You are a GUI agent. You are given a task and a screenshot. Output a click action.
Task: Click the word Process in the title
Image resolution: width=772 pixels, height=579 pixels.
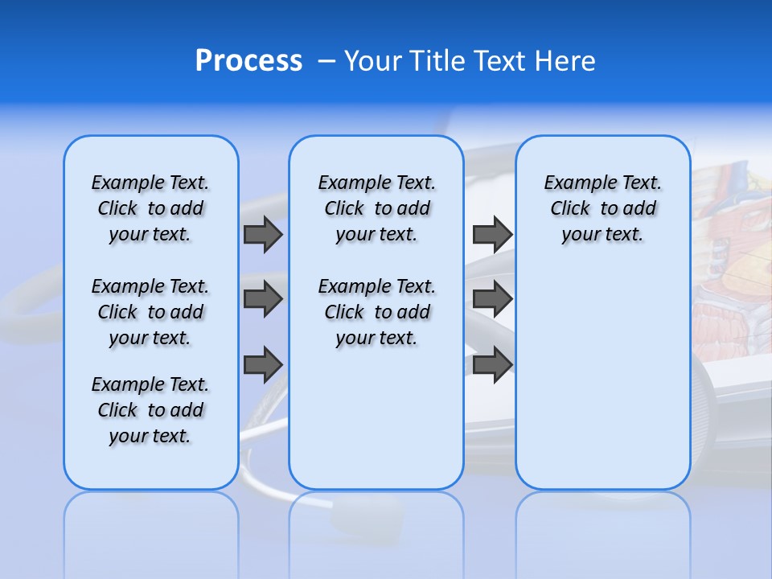click(248, 61)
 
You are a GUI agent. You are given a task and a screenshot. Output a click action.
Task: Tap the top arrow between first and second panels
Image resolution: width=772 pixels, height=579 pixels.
click(263, 234)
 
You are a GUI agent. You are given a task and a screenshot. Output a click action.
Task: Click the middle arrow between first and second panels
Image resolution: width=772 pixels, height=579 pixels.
click(263, 299)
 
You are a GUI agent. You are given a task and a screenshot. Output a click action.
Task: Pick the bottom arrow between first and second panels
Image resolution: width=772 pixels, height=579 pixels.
click(263, 365)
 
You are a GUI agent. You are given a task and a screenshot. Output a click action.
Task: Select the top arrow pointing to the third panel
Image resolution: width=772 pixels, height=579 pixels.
click(492, 234)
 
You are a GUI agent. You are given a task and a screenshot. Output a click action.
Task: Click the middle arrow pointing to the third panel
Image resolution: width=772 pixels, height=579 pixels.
click(492, 299)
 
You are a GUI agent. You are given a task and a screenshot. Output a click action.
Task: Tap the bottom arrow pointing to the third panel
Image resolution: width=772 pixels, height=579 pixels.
click(492, 365)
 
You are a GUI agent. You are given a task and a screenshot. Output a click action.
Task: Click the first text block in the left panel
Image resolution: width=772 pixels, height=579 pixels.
click(150, 208)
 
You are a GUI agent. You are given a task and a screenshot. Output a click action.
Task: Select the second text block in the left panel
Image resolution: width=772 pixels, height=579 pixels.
click(150, 312)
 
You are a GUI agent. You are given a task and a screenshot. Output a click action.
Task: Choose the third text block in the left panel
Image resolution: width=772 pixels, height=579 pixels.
click(150, 410)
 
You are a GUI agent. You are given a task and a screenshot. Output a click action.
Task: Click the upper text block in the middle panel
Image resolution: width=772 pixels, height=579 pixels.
click(376, 208)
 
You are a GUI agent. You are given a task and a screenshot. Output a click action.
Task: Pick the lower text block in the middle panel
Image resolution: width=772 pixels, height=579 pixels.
click(376, 312)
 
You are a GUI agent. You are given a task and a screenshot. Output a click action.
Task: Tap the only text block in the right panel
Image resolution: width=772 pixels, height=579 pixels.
click(602, 208)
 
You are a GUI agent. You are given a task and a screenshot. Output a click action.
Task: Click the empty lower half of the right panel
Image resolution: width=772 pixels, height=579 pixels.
click(602, 386)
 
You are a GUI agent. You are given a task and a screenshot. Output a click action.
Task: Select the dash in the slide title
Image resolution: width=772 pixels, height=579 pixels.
click(326, 61)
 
